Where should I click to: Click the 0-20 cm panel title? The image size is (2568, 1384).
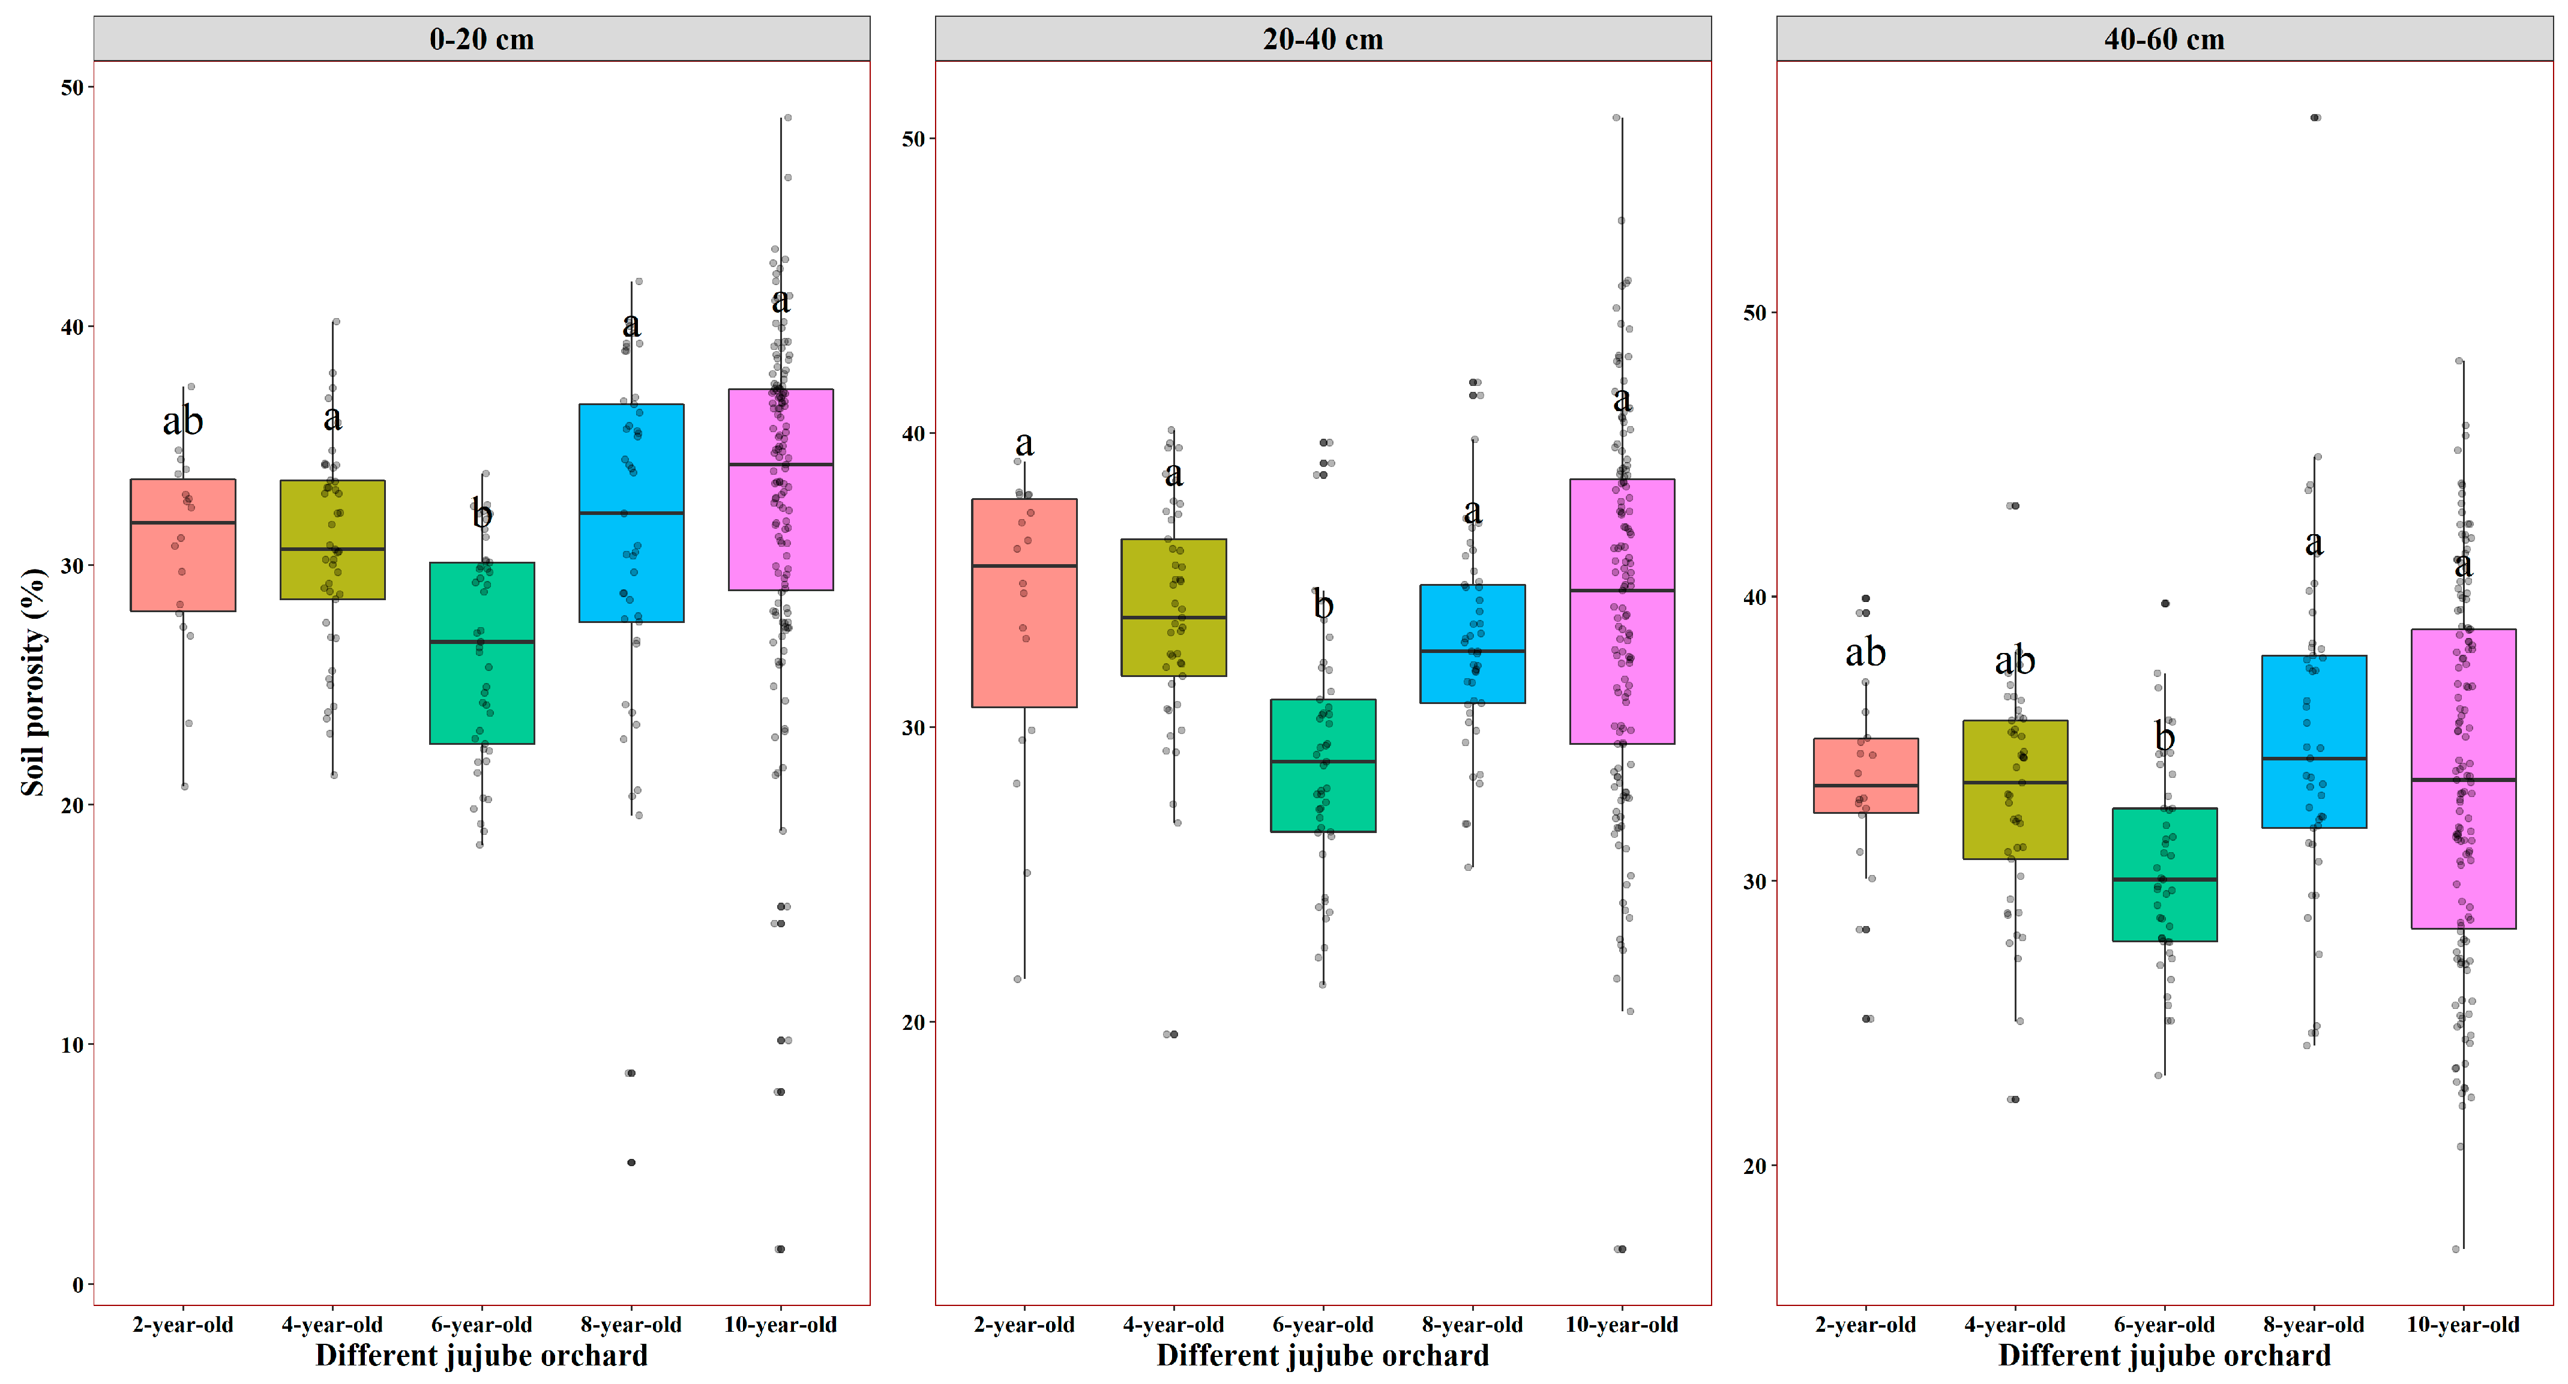click(x=481, y=39)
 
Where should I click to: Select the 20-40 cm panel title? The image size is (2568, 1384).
click(x=1323, y=39)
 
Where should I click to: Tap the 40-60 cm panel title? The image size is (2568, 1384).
click(x=2164, y=39)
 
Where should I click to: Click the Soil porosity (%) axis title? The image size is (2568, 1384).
click(x=33, y=682)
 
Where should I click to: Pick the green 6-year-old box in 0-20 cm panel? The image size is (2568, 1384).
click(x=481, y=653)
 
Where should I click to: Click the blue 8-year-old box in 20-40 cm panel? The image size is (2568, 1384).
click(x=1472, y=644)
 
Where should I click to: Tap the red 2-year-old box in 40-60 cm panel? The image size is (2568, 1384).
click(x=1865, y=776)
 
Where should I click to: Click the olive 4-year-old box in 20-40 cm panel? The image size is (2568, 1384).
click(x=1173, y=607)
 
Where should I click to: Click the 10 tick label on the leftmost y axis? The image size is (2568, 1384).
click(x=72, y=1045)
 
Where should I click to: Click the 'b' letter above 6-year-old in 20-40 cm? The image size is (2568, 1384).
click(x=1323, y=604)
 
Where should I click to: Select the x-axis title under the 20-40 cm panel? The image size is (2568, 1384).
click(x=1323, y=1356)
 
